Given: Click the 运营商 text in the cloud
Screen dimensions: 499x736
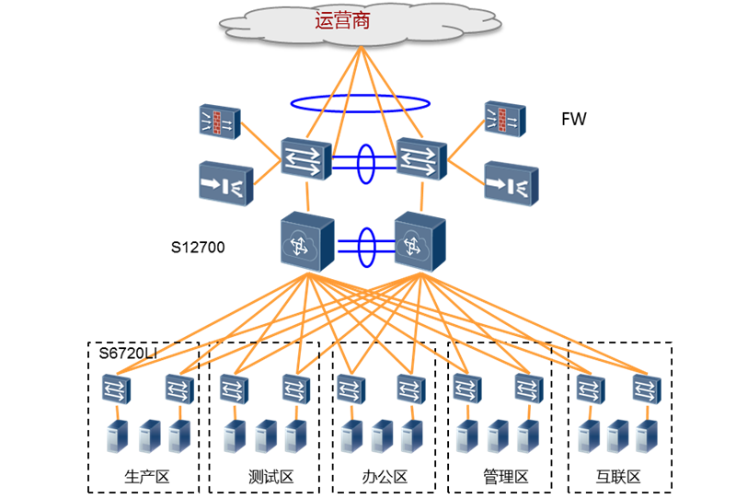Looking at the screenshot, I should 342,20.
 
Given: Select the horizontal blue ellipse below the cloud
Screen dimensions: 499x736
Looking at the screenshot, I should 360,103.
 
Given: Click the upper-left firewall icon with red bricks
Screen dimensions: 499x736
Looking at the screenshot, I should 220,122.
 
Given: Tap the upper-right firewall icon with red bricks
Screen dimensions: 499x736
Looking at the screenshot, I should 505,118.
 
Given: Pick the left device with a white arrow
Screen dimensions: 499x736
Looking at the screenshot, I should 225,183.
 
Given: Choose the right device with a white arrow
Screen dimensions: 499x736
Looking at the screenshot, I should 511,182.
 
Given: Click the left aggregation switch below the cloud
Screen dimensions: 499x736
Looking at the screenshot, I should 305,158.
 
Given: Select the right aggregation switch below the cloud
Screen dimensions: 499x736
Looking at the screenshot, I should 421,158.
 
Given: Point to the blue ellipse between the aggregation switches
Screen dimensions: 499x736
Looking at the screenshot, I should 365,163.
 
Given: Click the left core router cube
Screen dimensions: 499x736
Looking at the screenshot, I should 306,241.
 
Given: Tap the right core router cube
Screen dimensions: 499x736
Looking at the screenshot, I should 420,241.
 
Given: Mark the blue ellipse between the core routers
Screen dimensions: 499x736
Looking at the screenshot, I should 366,247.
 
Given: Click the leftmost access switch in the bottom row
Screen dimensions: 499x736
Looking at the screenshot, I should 116,389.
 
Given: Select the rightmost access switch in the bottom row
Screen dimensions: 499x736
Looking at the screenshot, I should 646,389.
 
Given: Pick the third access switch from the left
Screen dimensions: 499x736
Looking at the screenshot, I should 234,389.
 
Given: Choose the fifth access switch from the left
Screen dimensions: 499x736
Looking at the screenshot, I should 351,389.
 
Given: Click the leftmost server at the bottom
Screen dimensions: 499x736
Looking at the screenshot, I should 116,436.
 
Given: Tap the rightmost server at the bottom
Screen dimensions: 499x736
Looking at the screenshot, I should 646,436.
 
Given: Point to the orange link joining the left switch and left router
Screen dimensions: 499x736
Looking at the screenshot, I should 307,196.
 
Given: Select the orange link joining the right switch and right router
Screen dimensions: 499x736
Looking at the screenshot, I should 421,196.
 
